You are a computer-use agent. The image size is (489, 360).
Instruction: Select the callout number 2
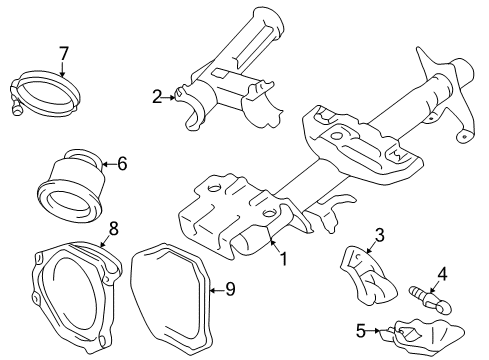tap(157, 96)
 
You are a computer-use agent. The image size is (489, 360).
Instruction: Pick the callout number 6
tap(123, 164)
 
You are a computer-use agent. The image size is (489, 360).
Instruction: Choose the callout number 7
tap(63, 52)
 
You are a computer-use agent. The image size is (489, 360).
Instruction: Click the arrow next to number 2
tap(171, 96)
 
